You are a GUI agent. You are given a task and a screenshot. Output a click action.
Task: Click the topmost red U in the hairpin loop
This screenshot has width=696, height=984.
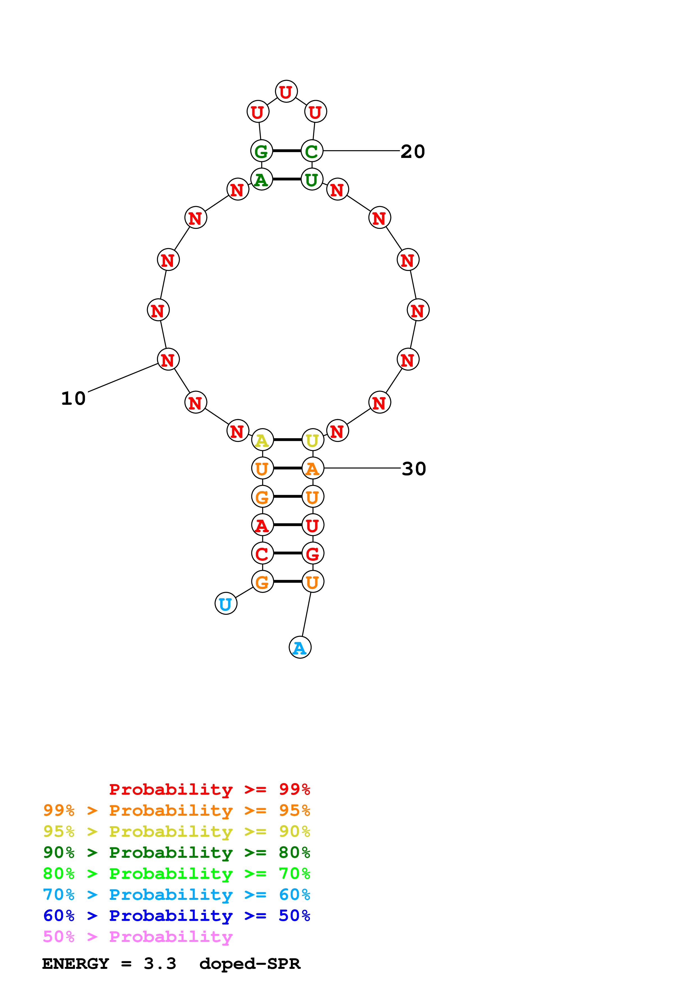coord(286,91)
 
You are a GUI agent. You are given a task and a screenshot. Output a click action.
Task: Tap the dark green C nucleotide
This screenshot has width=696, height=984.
coord(312,151)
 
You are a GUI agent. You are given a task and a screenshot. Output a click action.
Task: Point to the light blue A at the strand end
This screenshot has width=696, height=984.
coord(300,648)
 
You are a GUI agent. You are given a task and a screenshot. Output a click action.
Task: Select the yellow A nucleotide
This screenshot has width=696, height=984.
coord(262,440)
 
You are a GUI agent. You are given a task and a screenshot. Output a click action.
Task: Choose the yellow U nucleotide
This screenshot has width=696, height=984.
coord(312,440)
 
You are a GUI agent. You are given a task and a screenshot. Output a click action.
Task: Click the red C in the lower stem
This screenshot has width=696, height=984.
coord(262,554)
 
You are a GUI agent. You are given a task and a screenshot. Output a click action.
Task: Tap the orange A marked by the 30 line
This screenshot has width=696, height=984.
coord(312,468)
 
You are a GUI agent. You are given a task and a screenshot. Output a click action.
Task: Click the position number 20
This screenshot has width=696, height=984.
coord(412,151)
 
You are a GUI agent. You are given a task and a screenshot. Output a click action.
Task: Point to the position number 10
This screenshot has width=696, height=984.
coord(73,399)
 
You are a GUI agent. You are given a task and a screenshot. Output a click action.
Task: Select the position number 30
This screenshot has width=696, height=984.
coord(413,469)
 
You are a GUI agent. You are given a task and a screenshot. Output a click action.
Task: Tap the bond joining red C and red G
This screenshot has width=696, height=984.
coord(287,553)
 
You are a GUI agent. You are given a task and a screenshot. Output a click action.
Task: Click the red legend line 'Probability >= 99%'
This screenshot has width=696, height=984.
coord(209,789)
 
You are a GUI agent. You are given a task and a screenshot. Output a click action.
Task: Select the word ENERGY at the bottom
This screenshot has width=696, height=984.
coord(76,964)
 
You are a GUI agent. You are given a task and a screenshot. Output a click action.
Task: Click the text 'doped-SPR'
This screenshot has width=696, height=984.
coord(250,964)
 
